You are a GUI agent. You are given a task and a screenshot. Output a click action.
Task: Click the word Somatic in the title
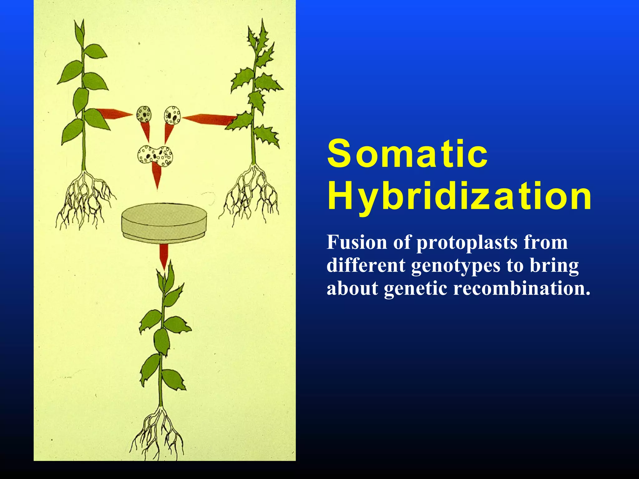point(407,154)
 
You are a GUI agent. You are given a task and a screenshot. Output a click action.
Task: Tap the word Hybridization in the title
point(459,197)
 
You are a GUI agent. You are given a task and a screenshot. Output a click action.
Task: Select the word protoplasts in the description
point(467,243)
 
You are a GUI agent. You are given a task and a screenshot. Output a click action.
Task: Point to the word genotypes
point(456,266)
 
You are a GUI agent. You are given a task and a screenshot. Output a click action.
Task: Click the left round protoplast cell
point(144,114)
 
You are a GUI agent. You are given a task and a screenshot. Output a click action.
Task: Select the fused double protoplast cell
point(155,155)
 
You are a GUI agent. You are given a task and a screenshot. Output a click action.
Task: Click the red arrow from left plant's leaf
point(114,114)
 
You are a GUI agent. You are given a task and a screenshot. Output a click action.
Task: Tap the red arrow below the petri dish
point(163,256)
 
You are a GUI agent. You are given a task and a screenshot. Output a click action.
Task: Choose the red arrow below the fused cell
point(157,176)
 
